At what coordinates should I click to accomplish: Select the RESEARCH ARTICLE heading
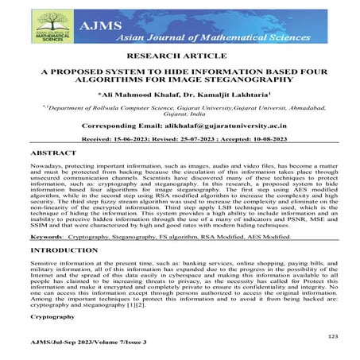[x=180, y=58]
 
